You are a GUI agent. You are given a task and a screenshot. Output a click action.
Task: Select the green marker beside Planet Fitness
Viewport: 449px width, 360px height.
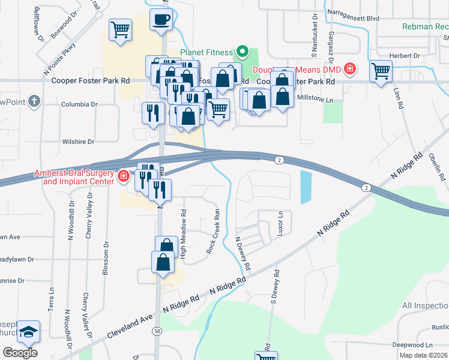pos(243,51)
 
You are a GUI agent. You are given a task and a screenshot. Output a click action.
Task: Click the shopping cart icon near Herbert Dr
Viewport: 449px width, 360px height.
pos(381,71)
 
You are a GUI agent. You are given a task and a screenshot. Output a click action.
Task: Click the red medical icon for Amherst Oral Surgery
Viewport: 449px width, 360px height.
pos(124,176)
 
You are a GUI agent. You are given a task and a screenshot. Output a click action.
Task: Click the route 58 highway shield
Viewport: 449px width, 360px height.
pos(157,331)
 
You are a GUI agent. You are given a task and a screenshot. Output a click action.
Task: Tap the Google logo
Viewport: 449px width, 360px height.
pos(20,352)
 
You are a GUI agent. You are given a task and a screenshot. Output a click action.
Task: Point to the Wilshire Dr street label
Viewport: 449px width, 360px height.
pos(78,142)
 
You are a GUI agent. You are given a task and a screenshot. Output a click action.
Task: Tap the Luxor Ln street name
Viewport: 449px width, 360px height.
pos(280,223)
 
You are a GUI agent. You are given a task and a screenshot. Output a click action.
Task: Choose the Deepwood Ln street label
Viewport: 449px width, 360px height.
pos(412,345)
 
